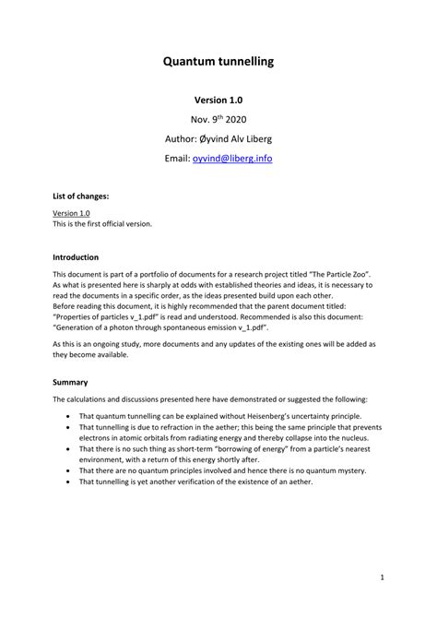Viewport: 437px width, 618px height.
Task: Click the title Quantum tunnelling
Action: (218, 63)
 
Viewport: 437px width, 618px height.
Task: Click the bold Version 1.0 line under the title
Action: (218, 99)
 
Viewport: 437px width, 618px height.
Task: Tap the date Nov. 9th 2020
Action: (218, 119)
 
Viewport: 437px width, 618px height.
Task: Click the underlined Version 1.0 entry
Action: (71, 213)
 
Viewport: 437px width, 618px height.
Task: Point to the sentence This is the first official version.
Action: (101, 223)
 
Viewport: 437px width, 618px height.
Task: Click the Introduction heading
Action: (76, 257)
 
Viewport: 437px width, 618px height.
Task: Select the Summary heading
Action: (70, 382)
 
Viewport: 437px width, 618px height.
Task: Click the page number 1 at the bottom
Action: (381, 578)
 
